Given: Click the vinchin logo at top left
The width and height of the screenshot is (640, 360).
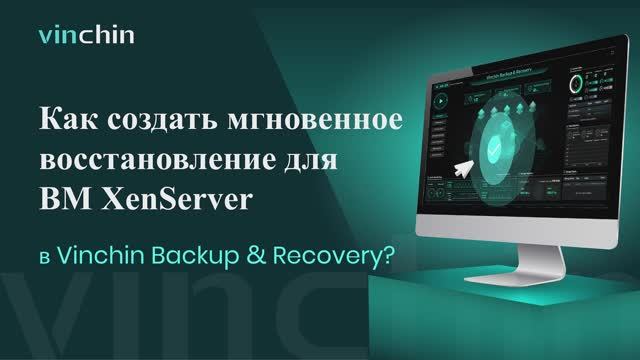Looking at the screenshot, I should pyautogui.click(x=86, y=38).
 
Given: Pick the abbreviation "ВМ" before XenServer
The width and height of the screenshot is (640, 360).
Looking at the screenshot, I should pyautogui.click(x=62, y=200).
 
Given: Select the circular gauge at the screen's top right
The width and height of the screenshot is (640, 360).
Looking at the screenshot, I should pyautogui.click(x=577, y=82).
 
